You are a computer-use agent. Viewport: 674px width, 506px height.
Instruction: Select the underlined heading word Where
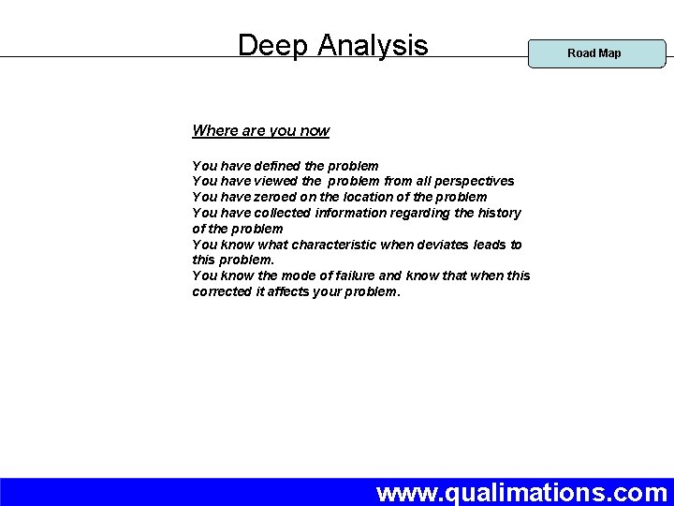213,131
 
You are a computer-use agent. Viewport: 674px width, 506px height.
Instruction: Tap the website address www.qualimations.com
521,492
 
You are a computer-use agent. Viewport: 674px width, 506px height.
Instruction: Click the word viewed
276,181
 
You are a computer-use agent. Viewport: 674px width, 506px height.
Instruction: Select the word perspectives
471,181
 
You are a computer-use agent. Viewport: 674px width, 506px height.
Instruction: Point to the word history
499,213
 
